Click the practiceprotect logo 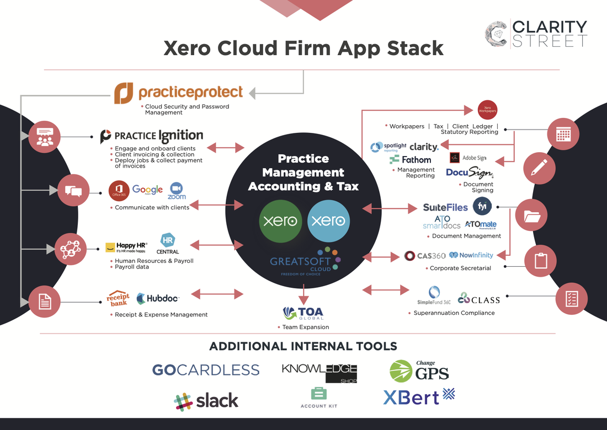click(x=178, y=93)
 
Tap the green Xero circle click(x=280, y=221)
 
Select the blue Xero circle click(x=328, y=221)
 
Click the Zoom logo click(x=177, y=190)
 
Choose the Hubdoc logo click(x=158, y=299)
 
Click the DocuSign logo click(x=470, y=173)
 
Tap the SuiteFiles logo click(x=445, y=207)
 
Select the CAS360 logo click(x=425, y=256)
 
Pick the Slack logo click(x=206, y=401)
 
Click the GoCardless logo click(x=205, y=369)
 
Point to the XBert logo click(x=419, y=396)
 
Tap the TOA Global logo click(x=303, y=313)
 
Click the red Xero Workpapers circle click(x=487, y=110)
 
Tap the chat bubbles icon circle click(x=73, y=191)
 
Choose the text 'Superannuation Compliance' click(x=454, y=313)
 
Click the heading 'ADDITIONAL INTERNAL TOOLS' click(x=303, y=346)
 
